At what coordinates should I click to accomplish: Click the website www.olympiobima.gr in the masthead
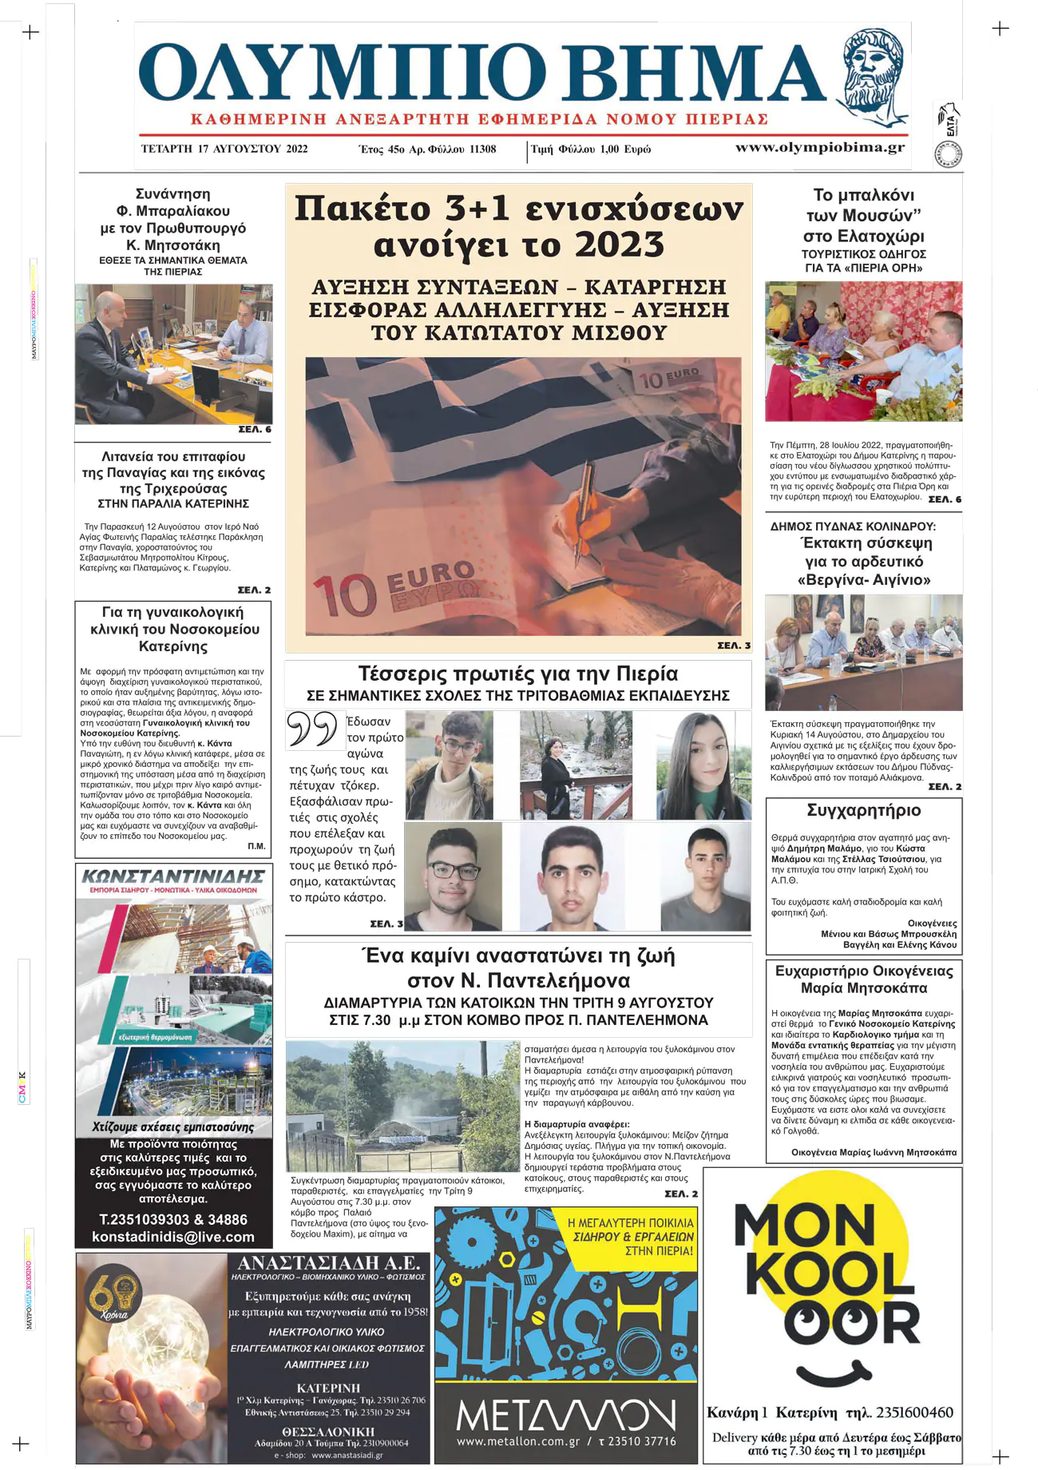point(819,148)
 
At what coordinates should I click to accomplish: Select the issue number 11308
point(482,149)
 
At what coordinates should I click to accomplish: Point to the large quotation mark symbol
point(312,729)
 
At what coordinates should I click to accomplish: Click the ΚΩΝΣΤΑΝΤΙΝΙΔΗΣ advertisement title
point(173,876)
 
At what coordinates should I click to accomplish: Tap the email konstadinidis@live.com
point(173,1237)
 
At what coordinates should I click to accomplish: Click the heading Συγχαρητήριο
point(864,811)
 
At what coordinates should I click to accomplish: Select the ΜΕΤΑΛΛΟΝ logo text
point(565,1417)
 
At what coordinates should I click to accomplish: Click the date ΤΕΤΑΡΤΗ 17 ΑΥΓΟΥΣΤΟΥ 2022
point(224,149)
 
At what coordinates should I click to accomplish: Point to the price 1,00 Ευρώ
point(626,149)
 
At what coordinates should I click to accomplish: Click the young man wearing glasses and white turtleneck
point(449,765)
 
